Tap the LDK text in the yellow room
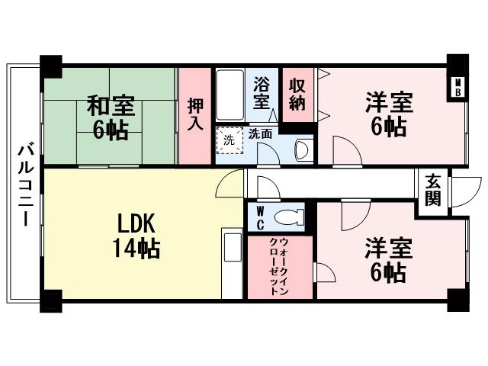point(136,223)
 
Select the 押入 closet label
point(194,114)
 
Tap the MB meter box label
point(458,87)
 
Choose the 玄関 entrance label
point(432,190)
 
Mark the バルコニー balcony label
point(24,182)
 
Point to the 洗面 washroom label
point(261,133)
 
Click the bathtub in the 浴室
point(230,95)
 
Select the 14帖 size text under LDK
point(136,248)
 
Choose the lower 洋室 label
point(388,248)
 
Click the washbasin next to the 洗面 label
point(301,149)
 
